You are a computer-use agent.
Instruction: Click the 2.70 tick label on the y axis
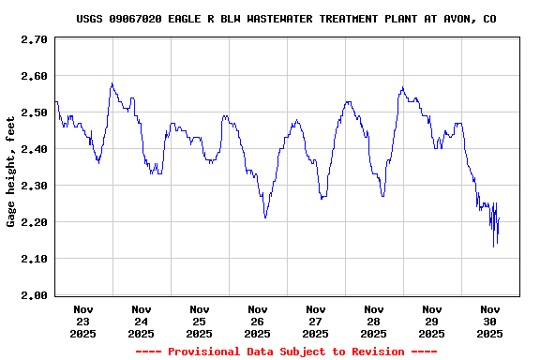point(35,39)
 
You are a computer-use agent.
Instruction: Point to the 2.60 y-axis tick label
point(35,76)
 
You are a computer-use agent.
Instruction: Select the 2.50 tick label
point(35,112)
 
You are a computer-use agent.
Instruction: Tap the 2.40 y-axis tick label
point(35,149)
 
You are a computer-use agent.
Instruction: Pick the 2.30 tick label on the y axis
point(35,186)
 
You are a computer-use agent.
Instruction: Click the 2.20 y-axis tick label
point(35,222)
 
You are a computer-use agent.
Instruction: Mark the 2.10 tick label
point(35,259)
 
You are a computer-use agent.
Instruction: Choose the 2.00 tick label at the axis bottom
point(35,295)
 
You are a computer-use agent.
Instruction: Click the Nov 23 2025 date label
point(83,321)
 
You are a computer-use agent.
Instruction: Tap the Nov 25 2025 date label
point(200,321)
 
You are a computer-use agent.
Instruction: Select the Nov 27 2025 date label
point(316,321)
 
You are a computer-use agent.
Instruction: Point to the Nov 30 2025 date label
point(490,321)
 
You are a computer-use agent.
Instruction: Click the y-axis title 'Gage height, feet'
point(11,178)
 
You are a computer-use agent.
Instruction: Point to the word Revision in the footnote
point(374,352)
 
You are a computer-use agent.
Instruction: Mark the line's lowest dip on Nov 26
point(265,217)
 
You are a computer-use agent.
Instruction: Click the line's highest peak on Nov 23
point(112,83)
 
